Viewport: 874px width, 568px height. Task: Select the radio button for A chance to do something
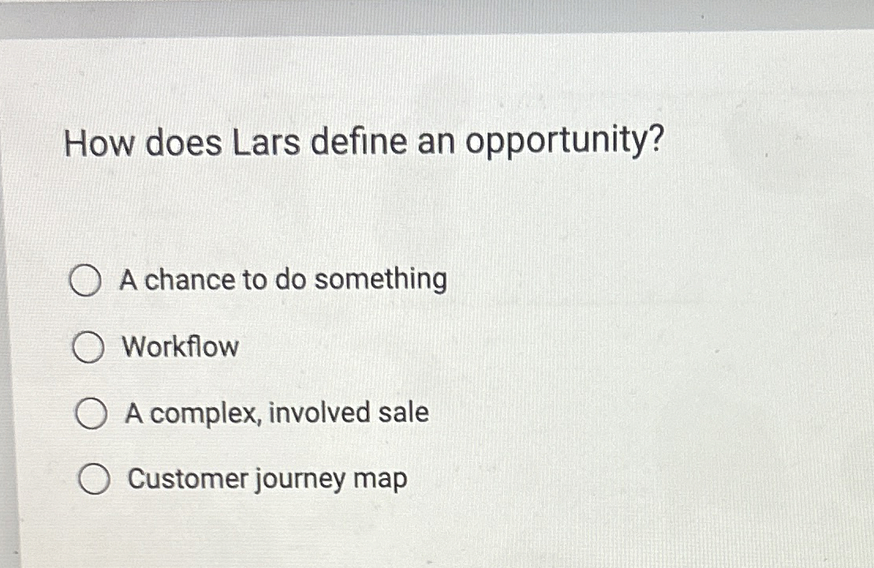84,282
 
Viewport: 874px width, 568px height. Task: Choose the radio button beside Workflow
88,348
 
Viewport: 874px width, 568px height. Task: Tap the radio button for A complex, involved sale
91,414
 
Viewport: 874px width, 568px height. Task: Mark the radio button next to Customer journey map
94,480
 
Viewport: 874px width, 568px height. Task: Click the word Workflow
180,346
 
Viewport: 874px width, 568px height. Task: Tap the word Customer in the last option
188,479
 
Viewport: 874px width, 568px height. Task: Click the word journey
301,480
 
